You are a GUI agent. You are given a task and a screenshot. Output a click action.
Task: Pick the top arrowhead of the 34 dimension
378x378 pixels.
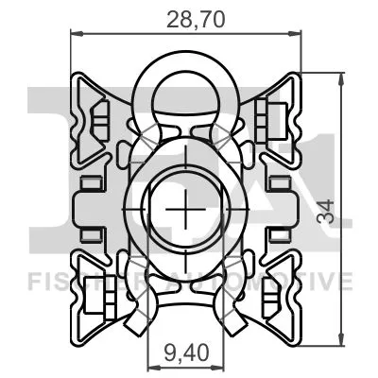click(x=337, y=76)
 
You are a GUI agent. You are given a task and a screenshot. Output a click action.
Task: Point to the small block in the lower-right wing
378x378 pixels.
click(x=276, y=301)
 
